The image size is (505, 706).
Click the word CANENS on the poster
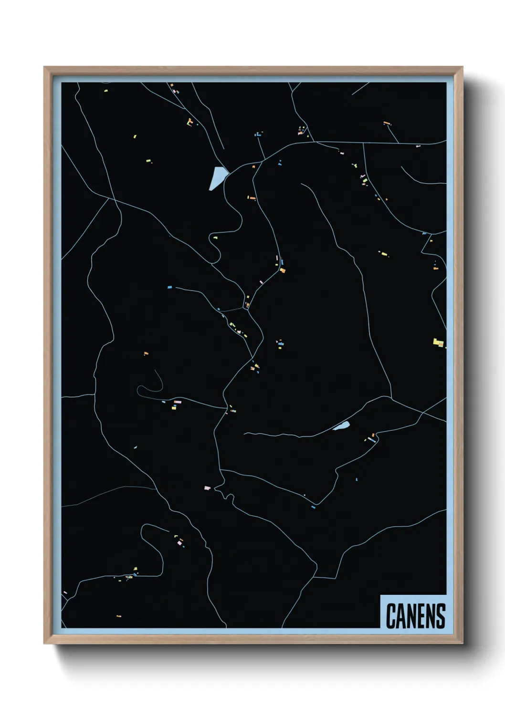(415, 616)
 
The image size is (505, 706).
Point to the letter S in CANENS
(440, 616)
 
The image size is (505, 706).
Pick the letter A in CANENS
(400, 616)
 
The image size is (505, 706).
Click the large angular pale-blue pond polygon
(217, 178)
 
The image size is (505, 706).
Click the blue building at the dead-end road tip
(169, 288)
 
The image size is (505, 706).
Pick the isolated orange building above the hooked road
(146, 353)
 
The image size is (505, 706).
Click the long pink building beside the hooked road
(178, 402)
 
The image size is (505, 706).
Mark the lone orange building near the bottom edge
(119, 616)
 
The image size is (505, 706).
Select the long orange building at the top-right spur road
(387, 123)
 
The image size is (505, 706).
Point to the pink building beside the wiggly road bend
(207, 488)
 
